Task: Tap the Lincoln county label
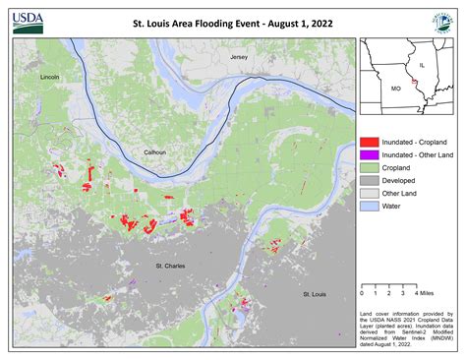(50, 77)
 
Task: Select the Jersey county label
(240, 59)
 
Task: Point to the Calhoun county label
(154, 152)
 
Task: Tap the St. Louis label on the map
(315, 294)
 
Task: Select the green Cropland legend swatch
(370, 169)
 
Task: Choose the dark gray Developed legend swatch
(370, 182)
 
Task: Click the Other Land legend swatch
(370, 195)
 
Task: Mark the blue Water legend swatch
(370, 208)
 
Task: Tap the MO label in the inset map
(396, 88)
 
